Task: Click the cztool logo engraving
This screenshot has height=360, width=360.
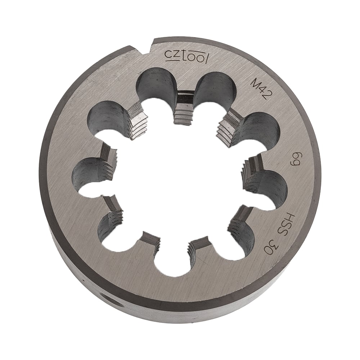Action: [186, 57]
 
